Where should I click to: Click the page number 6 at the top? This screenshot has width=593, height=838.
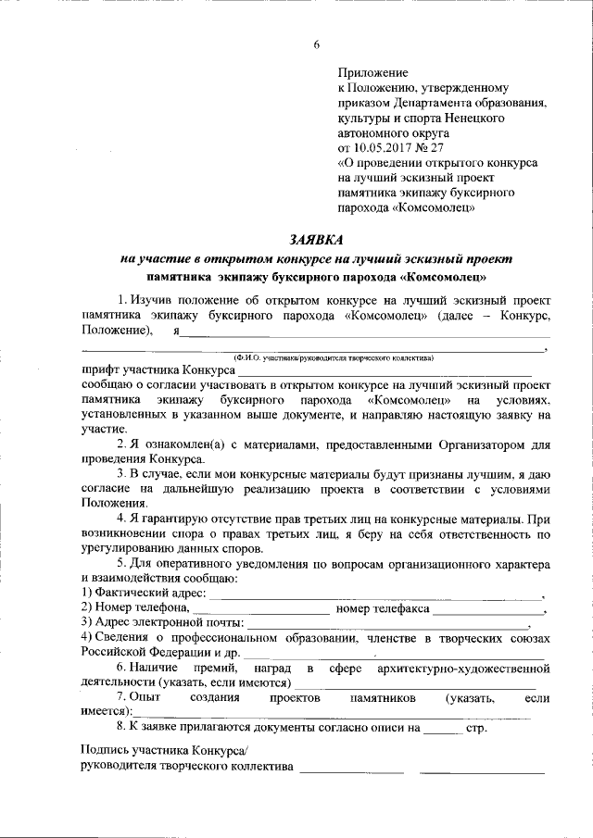[x=316, y=44]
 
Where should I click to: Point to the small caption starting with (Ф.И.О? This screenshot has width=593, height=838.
[x=315, y=356]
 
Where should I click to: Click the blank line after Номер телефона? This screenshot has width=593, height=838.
[x=260, y=610]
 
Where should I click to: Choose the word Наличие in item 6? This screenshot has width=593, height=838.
[x=154, y=667]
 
